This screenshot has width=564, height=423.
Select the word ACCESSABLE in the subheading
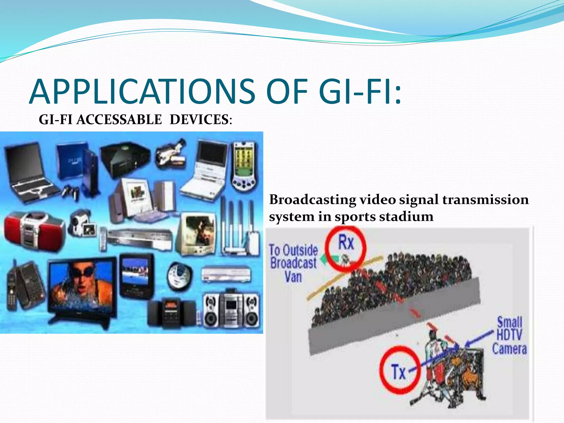(119, 120)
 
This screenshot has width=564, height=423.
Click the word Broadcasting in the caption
(313, 200)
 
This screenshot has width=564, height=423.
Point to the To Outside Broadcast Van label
(293, 263)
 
